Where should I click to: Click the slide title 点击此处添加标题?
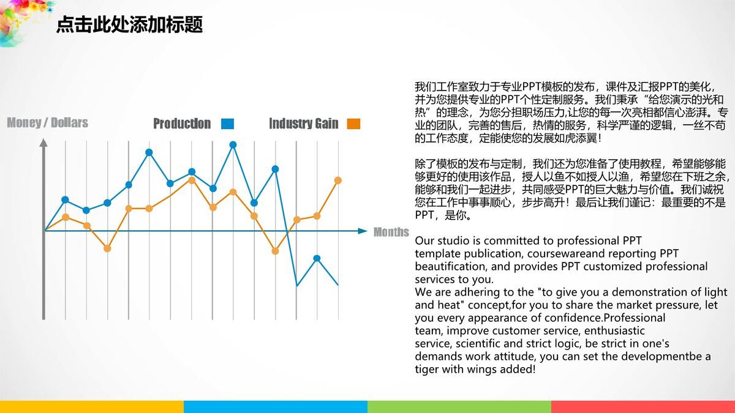point(129,25)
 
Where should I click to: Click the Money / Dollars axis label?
point(47,123)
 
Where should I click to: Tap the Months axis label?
point(391,232)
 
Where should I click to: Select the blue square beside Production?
point(227,124)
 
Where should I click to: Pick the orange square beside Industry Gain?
point(353,124)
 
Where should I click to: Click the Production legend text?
point(181,124)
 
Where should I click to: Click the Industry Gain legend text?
point(303,124)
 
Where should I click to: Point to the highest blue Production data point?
point(233,145)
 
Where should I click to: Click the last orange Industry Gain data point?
point(337,180)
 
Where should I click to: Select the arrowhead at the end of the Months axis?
point(362,231)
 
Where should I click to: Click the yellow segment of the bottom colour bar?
point(92,407)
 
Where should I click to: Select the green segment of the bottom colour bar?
point(459,407)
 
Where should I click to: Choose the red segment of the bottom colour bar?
point(643,407)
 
